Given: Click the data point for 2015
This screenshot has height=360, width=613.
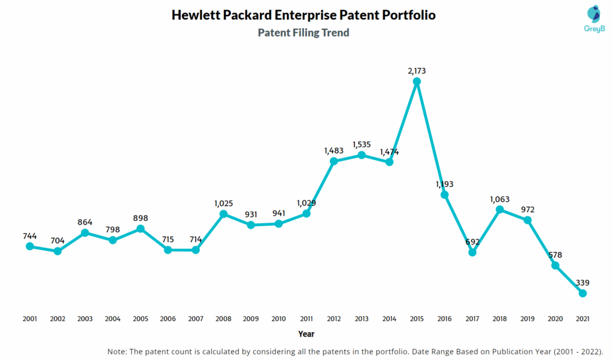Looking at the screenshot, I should pyautogui.click(x=417, y=81).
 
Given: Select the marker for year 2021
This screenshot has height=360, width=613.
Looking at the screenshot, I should pyautogui.click(x=582, y=293).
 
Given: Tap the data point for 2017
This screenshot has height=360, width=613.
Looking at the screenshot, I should pyautogui.click(x=472, y=252).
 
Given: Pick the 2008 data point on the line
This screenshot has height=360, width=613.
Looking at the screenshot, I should pyautogui.click(x=223, y=214).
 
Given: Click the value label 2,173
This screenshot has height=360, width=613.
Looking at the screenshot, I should pyautogui.click(x=417, y=71).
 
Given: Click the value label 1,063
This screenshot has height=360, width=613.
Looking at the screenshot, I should pyautogui.click(x=499, y=199).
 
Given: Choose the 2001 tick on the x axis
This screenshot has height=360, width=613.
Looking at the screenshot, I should pyautogui.click(x=30, y=319).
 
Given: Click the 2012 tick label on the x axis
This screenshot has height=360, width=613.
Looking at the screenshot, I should pyautogui.click(x=334, y=319).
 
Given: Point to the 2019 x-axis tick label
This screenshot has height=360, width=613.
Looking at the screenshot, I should pyautogui.click(x=527, y=319).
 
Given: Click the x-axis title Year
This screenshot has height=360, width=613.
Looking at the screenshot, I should pyautogui.click(x=306, y=334).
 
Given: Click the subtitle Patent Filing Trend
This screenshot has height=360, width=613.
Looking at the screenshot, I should pyautogui.click(x=304, y=33).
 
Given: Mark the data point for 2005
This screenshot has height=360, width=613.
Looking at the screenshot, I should pyautogui.click(x=141, y=228).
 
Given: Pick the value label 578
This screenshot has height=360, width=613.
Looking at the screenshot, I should pyautogui.click(x=555, y=254).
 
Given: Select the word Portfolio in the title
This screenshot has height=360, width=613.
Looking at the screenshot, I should pyautogui.click(x=406, y=15).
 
